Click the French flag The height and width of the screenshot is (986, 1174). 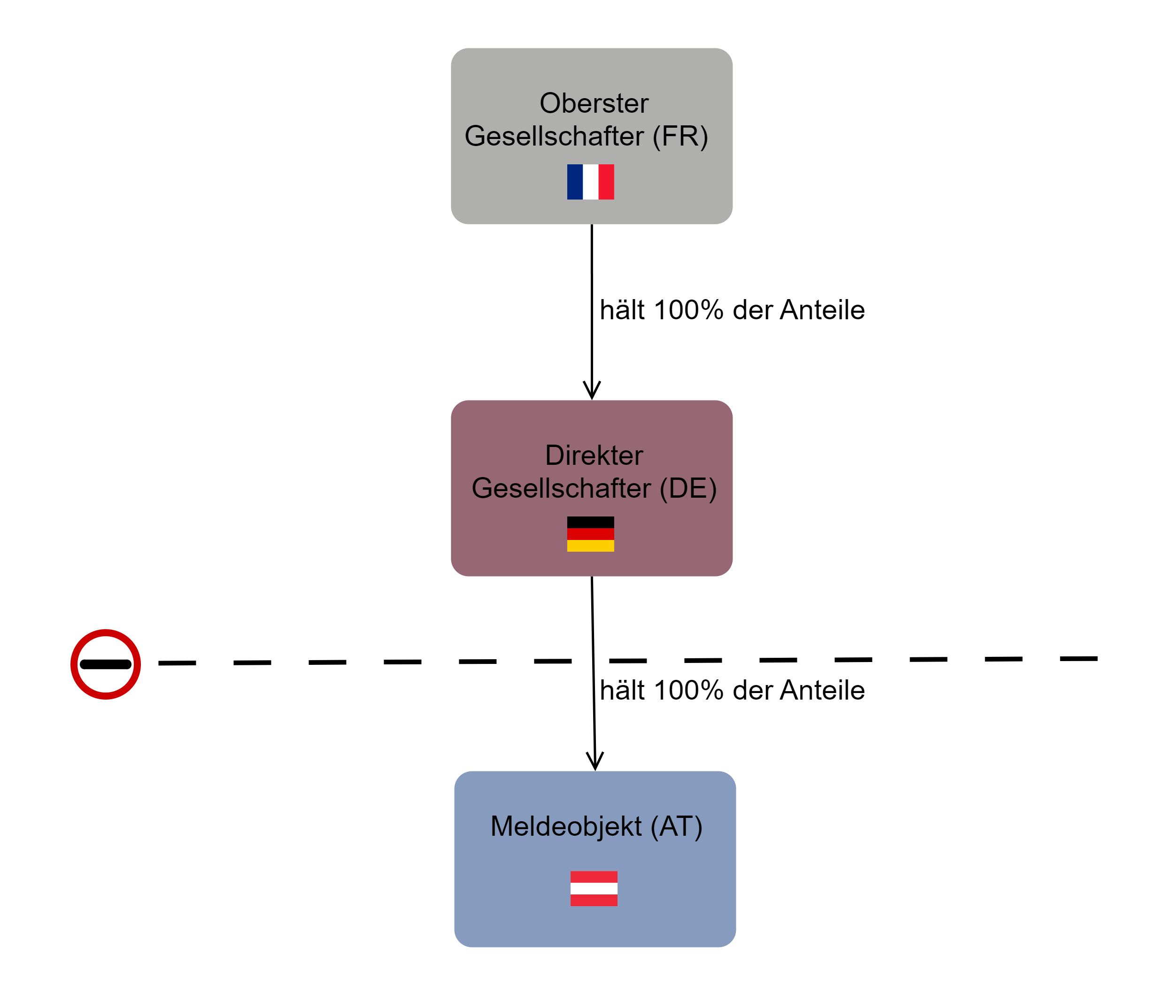(x=590, y=182)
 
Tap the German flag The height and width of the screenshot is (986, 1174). (x=590, y=534)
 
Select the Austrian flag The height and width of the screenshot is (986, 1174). (x=594, y=888)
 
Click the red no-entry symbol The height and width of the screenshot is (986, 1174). (x=105, y=664)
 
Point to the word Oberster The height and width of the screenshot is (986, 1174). (x=594, y=103)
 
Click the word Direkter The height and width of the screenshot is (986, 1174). (x=594, y=455)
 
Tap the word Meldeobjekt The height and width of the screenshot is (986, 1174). (x=566, y=826)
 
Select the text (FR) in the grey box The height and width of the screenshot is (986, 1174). (x=680, y=136)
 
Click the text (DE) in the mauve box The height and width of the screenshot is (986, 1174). (x=687, y=488)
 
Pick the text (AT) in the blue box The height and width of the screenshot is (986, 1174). (x=676, y=826)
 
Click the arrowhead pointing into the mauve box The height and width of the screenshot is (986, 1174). (x=592, y=391)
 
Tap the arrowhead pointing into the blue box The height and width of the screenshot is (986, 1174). (x=595, y=762)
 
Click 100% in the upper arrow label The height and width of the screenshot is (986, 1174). (x=688, y=310)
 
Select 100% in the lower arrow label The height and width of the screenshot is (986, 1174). (x=688, y=690)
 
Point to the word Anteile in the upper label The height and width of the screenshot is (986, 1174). (x=822, y=310)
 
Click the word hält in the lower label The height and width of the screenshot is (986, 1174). (x=622, y=690)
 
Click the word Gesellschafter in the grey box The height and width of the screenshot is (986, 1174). (x=554, y=136)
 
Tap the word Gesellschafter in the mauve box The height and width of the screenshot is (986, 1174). (x=561, y=488)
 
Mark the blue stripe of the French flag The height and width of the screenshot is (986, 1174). (x=575, y=182)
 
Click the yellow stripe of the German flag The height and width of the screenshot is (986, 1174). (x=590, y=546)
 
